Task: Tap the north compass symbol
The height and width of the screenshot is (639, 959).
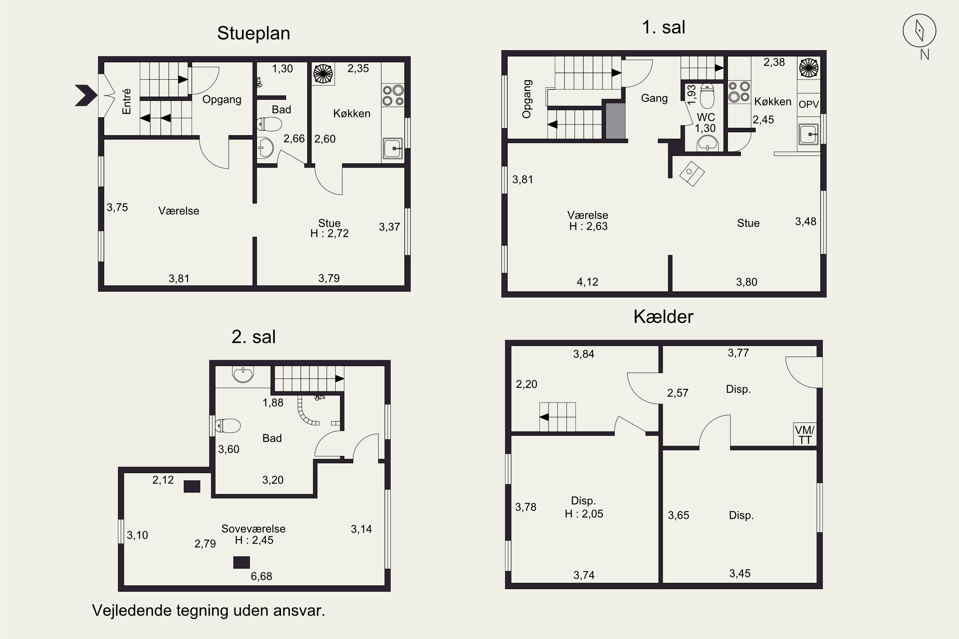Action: pyautogui.click(x=919, y=31)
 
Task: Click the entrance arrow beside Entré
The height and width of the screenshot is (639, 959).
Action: pyautogui.click(x=86, y=95)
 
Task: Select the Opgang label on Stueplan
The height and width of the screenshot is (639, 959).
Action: pyautogui.click(x=222, y=100)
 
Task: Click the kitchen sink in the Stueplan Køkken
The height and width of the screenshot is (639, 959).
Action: pyautogui.click(x=392, y=149)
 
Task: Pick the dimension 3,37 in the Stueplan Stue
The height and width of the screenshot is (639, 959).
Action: pyautogui.click(x=389, y=227)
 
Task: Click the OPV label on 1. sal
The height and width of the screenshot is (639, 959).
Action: pyautogui.click(x=808, y=104)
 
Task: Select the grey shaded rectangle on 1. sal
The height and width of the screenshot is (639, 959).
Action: pyautogui.click(x=615, y=121)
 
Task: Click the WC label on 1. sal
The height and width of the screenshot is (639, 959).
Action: pyautogui.click(x=706, y=117)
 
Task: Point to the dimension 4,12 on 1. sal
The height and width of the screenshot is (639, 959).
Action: pyautogui.click(x=587, y=282)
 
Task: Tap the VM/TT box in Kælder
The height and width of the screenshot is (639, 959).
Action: pyautogui.click(x=805, y=435)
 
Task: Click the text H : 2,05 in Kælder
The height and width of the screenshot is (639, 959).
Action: pyautogui.click(x=584, y=514)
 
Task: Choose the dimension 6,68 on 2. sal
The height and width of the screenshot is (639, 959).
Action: pyautogui.click(x=261, y=576)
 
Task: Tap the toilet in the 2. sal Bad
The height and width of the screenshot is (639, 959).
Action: pyautogui.click(x=228, y=426)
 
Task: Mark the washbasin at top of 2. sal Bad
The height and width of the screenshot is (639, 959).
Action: pyautogui.click(x=243, y=374)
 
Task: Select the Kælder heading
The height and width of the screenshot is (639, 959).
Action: pyautogui.click(x=663, y=317)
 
